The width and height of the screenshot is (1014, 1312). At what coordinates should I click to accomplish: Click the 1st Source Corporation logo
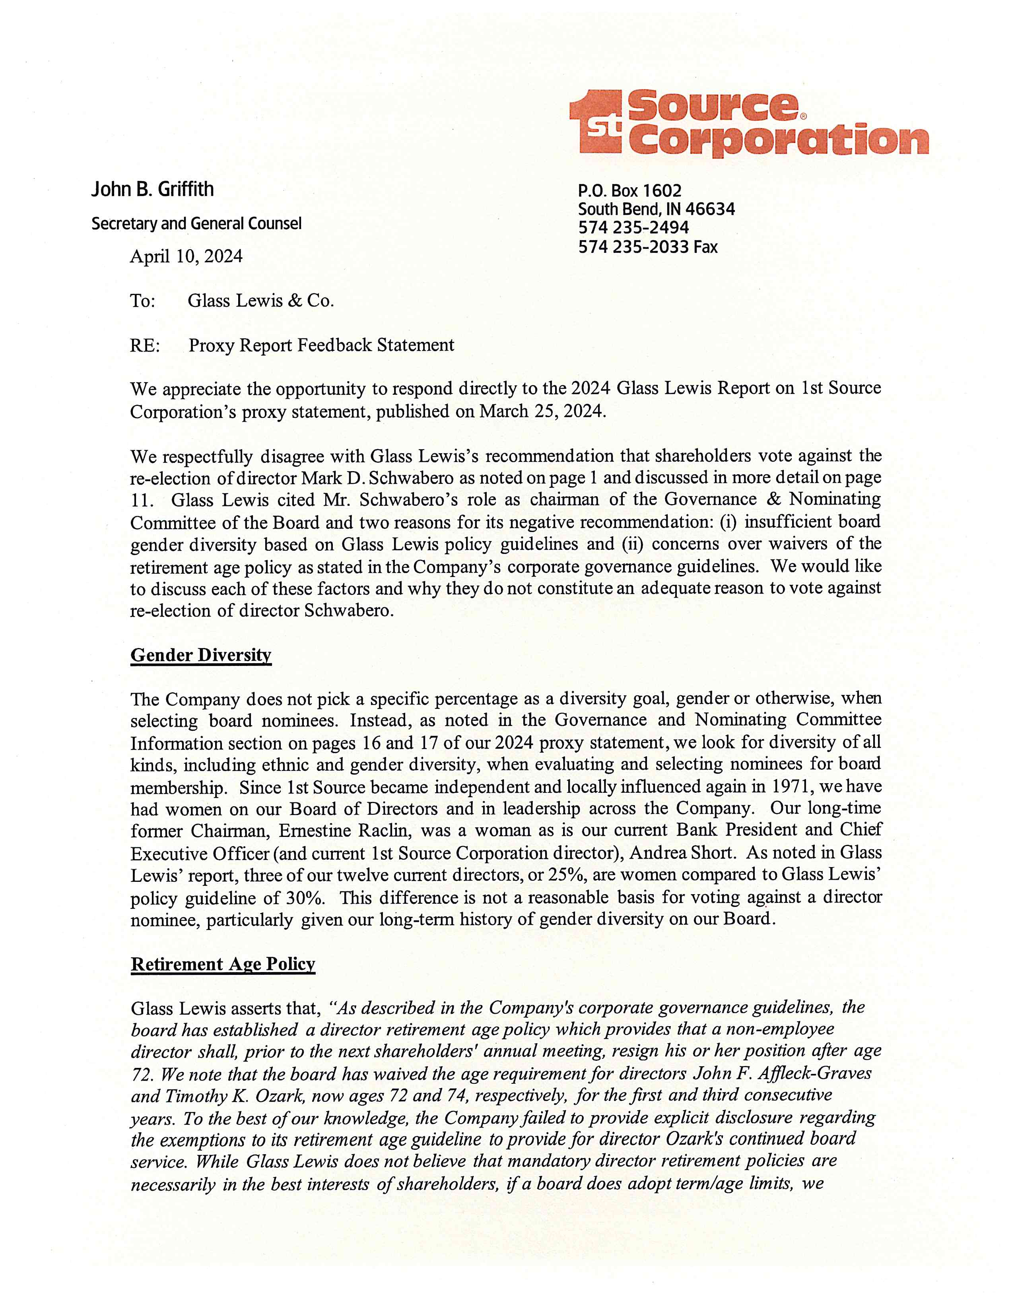coord(748,123)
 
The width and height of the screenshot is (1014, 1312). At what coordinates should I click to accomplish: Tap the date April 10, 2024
coord(186,256)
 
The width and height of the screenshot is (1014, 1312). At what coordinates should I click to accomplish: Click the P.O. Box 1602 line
coord(629,191)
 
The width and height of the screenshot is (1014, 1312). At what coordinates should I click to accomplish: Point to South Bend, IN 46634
coord(656,209)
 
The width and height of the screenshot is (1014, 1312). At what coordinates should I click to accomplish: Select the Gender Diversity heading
coord(201,655)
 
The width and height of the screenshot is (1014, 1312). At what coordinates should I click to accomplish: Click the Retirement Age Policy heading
coord(223,964)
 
